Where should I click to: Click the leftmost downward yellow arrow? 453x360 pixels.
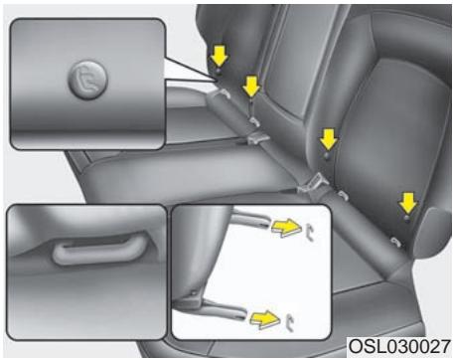pyautogui.click(x=218, y=58)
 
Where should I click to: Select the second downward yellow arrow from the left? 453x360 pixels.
pyautogui.click(x=252, y=86)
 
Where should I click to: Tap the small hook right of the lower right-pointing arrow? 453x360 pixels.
pyautogui.click(x=289, y=320)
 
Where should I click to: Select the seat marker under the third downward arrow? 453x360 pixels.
pyautogui.click(x=327, y=157)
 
